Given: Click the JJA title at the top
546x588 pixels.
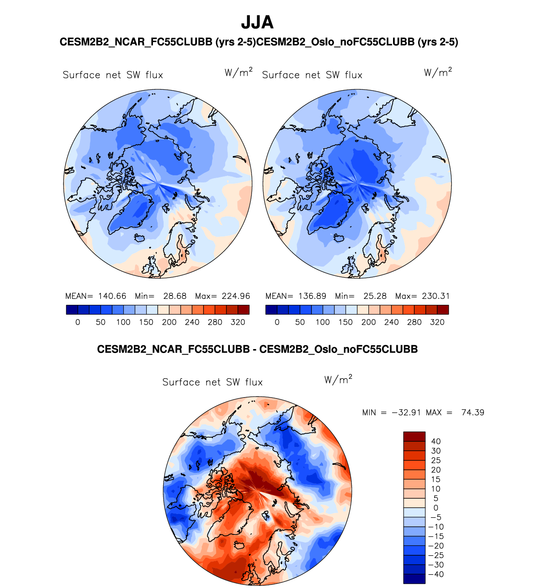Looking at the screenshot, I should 257,23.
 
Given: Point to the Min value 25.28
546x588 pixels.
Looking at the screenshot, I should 375,296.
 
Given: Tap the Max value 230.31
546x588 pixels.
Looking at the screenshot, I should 436,296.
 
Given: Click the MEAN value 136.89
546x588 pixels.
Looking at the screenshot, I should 312,296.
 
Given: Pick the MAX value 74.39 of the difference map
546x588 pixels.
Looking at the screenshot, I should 472,412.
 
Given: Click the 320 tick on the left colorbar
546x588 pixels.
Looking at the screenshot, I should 238,322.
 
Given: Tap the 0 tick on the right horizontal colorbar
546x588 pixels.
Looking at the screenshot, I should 277,322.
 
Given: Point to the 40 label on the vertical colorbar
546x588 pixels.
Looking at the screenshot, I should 436,441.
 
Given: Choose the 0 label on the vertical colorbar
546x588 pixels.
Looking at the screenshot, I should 436,508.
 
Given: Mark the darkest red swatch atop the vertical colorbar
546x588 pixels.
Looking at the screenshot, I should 414,437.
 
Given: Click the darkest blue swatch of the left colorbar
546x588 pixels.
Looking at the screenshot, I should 72,310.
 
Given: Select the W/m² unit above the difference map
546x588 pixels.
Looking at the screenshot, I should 338,379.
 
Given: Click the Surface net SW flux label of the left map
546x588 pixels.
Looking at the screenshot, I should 113,75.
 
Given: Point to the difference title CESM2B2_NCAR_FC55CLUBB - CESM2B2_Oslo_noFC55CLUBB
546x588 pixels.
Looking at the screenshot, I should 257,349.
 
